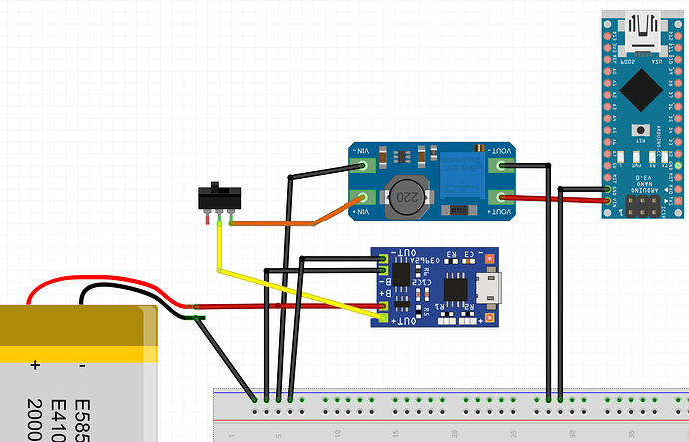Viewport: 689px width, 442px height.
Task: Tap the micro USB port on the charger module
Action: [492, 290]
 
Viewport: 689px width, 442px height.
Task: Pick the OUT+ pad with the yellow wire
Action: [384, 319]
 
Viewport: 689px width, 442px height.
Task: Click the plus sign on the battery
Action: [36, 365]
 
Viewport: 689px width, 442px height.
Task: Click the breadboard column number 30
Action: [572, 434]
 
